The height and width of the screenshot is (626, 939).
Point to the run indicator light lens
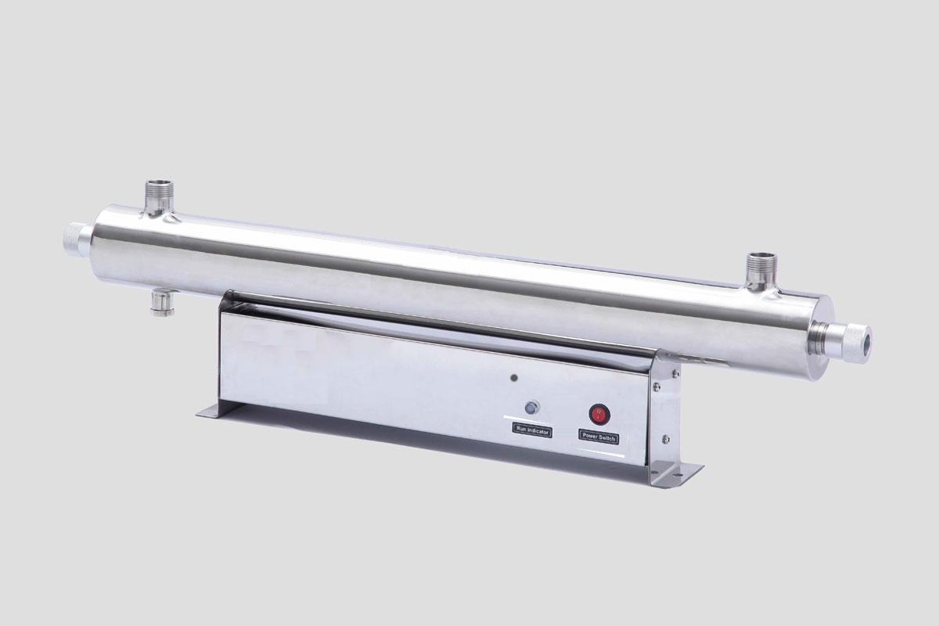click(531, 407)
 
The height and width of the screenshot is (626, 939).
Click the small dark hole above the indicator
click(514, 378)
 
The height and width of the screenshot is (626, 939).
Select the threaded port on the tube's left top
click(159, 197)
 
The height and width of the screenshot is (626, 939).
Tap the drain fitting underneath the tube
click(162, 302)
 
